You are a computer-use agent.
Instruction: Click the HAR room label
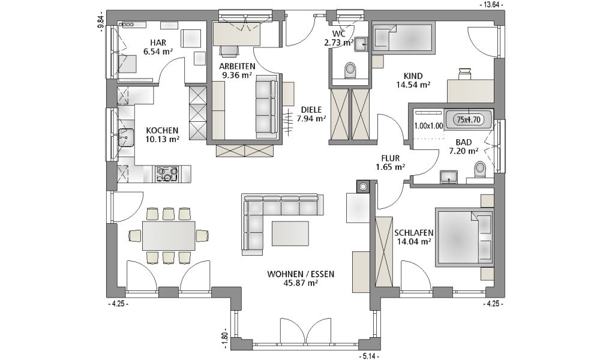coord(158,43)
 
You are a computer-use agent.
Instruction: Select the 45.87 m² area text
coord(301,283)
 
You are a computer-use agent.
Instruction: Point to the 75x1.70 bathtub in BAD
coord(469,119)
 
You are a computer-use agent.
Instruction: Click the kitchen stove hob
coord(166,173)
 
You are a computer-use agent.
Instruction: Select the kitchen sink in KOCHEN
coord(125,138)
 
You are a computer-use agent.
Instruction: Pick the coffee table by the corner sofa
coord(290,234)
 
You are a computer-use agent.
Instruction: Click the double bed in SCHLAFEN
coord(465,237)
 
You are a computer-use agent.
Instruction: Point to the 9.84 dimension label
coord(101,23)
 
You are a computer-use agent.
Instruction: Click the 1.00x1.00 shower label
coord(428,125)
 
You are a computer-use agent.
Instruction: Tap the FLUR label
coord(391,158)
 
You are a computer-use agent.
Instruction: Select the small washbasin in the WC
coord(361,44)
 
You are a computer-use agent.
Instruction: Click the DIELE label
coord(310,109)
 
